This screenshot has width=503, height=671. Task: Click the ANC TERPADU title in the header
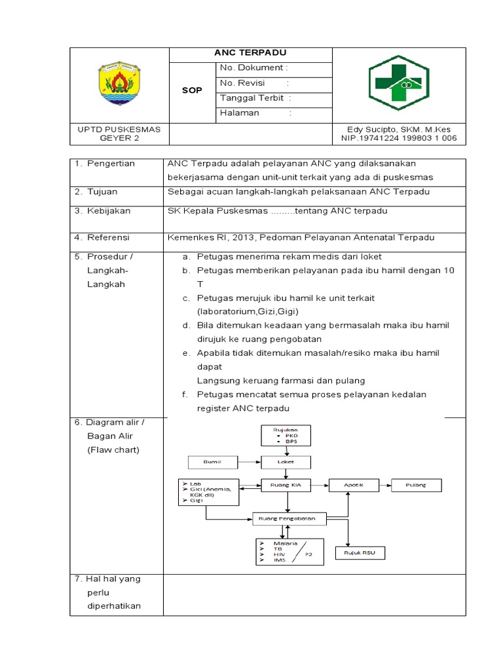(x=251, y=53)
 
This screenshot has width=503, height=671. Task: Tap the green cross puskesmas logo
(x=398, y=83)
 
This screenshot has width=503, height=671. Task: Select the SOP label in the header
(x=192, y=90)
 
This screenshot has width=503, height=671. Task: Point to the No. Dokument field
(x=254, y=68)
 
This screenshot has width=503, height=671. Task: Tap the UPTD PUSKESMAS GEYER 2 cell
(x=119, y=134)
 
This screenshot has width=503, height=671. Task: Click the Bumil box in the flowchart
(x=214, y=463)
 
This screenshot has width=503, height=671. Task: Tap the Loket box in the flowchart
(x=287, y=462)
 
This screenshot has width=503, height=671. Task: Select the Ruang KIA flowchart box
(x=287, y=486)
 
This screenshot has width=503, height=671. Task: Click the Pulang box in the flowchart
(x=415, y=486)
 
